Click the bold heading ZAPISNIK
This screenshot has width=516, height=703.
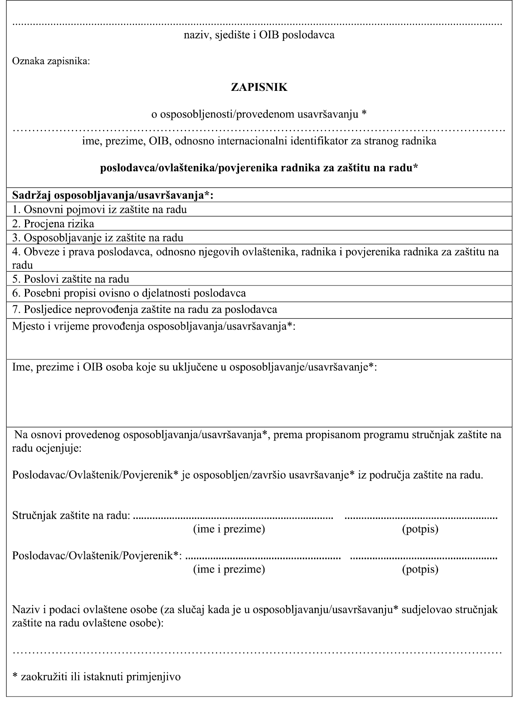tap(259, 87)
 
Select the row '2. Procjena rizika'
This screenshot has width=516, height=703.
tap(53, 223)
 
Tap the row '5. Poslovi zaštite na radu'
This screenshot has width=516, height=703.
tap(71, 279)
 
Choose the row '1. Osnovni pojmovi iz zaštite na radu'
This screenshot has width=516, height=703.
tap(99, 209)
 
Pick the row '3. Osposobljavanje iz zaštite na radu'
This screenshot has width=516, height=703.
tap(98, 237)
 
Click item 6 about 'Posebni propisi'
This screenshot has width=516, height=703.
tap(129, 293)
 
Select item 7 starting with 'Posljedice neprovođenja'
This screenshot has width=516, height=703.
tap(145, 309)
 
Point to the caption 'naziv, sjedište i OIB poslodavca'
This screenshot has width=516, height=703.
tap(259, 35)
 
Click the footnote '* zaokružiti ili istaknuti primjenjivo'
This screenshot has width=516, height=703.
tap(96, 676)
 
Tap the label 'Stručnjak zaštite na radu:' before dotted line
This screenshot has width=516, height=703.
tap(71, 515)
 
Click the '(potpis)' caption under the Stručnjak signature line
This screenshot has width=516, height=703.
tap(420, 529)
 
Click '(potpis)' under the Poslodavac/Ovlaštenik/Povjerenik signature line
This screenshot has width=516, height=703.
tap(420, 569)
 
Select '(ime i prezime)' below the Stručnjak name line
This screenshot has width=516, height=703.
tap(229, 529)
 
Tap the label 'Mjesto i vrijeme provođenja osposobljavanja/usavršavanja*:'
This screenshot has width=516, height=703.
tap(154, 326)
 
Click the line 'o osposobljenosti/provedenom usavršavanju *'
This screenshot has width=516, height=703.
tap(259, 114)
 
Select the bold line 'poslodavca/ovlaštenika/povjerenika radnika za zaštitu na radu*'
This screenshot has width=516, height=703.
tap(259, 168)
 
